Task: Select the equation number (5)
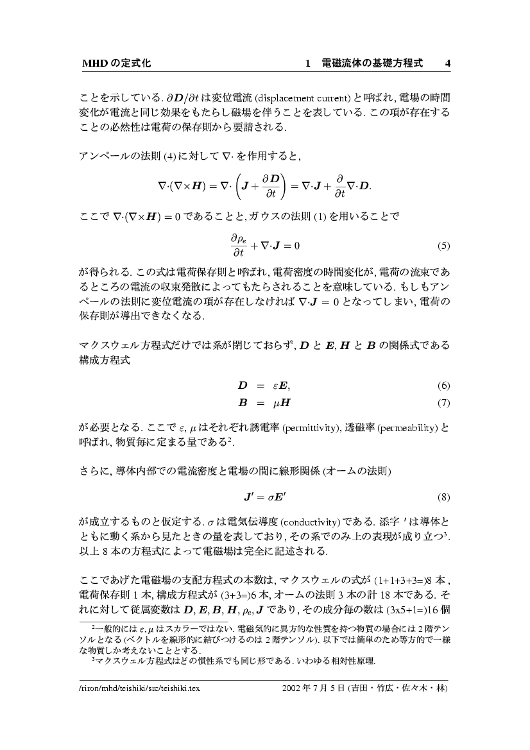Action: coord(443,246)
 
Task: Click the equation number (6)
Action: coord(443,386)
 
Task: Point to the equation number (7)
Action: coord(443,404)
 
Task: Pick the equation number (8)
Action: coord(443,497)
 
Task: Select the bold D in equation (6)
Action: coord(243,386)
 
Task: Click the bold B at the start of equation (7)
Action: coord(243,404)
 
